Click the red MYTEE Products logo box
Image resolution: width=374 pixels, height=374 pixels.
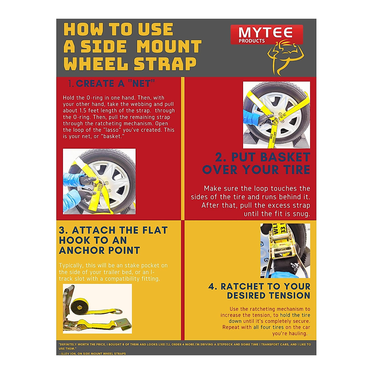pyautogui.click(x=267, y=34)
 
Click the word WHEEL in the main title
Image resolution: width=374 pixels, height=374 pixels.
pyautogui.click(x=96, y=64)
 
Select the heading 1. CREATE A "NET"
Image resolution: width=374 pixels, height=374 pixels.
pyautogui.click(x=112, y=84)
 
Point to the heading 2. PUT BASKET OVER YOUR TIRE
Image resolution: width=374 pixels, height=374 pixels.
pyautogui.click(x=256, y=163)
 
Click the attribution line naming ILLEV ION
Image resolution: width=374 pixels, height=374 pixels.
pyautogui.click(x=93, y=353)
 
